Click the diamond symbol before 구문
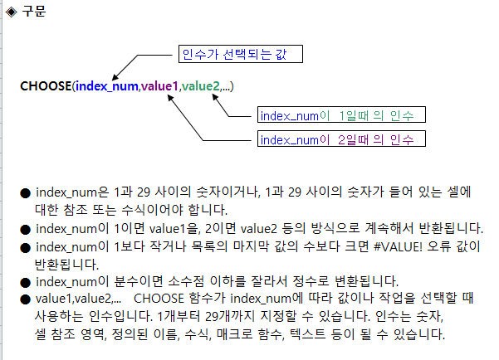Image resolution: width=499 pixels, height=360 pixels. (12, 12)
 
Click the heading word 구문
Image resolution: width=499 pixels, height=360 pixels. (34, 12)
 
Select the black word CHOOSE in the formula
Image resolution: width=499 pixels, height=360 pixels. (46, 86)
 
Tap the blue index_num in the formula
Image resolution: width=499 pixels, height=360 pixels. (107, 86)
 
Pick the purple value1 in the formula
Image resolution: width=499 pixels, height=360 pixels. (159, 86)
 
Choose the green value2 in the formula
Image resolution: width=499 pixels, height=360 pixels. (200, 86)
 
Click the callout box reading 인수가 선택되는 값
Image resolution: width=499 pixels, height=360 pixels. (241, 54)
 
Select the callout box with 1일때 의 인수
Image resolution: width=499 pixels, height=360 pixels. (341, 114)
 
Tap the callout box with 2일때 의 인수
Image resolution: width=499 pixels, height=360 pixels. (341, 139)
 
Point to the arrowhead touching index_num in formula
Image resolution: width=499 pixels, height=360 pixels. (115, 77)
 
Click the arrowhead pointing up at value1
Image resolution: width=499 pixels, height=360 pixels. (170, 97)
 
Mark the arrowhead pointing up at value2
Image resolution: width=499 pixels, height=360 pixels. (215, 97)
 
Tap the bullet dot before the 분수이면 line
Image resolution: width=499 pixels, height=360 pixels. (25, 283)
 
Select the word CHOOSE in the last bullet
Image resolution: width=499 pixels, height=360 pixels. (159, 299)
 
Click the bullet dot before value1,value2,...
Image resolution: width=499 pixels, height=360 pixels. (25, 299)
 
